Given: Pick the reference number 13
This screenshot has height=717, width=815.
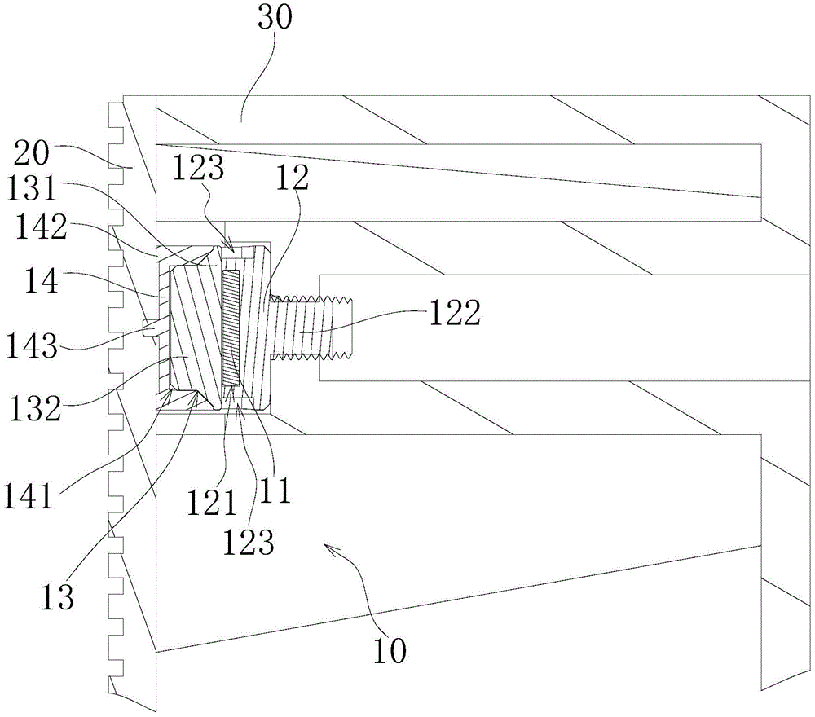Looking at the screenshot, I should click(59, 597).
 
